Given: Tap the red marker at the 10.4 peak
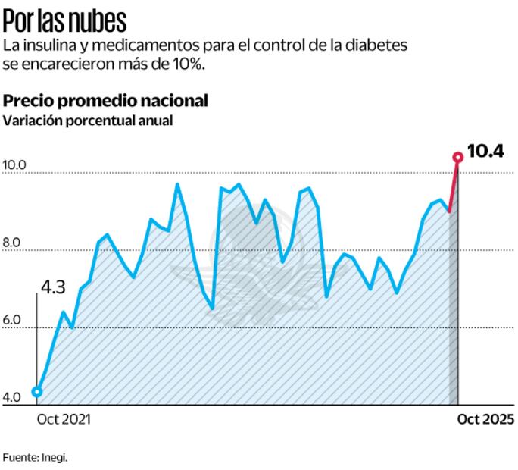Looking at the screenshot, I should [457, 157].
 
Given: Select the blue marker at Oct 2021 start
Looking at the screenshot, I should [37, 392].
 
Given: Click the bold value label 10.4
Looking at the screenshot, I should [485, 152].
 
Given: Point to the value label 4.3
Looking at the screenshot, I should [52, 287].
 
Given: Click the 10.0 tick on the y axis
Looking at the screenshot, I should [14, 164].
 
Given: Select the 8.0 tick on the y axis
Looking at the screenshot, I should [14, 243].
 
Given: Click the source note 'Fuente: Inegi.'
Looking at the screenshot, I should [34, 457].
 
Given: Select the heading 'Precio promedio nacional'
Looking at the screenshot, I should [106, 101].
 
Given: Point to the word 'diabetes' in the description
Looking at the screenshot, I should [380, 45].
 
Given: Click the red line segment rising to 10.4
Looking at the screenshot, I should [454, 185].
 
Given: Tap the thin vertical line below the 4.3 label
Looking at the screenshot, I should [37, 341].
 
